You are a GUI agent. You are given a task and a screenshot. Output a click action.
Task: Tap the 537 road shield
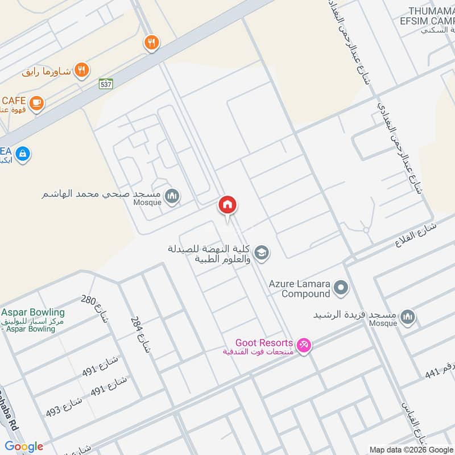[x=106, y=84]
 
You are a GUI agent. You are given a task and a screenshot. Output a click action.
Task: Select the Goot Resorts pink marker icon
[x=304, y=345]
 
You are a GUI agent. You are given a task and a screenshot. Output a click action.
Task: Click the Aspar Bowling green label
[x=33, y=313]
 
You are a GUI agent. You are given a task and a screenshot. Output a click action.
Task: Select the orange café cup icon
[x=37, y=103]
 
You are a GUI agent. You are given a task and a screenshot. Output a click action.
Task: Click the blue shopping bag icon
[x=23, y=154]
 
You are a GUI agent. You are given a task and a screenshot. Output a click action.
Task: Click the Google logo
[x=24, y=446]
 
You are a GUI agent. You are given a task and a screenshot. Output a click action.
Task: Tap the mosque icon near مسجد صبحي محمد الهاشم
[x=171, y=197]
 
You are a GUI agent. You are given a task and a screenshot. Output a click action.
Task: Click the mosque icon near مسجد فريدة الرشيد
[x=407, y=317]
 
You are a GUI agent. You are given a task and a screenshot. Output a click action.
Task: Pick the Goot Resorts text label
[x=264, y=344]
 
